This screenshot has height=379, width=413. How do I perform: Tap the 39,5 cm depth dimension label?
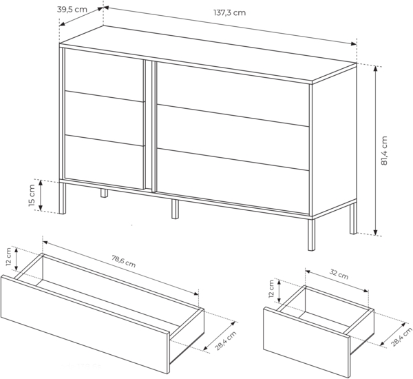tap(72, 10)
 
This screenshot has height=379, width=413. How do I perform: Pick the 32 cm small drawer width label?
tap(338, 274)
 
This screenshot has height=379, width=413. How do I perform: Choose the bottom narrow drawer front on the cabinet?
tap(104, 160)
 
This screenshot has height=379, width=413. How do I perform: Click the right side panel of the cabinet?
tap(333, 145)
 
